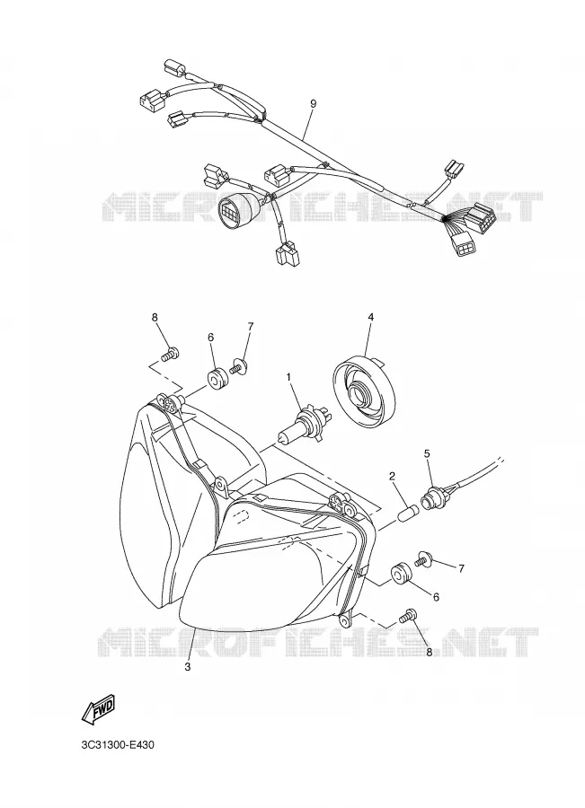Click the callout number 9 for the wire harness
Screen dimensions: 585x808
[313, 103]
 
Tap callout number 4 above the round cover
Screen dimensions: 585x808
[370, 318]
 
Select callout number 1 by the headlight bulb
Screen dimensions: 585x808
[288, 378]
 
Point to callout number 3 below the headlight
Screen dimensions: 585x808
[188, 667]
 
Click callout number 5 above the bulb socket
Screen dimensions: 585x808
[427, 453]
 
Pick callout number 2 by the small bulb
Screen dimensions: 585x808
[392, 476]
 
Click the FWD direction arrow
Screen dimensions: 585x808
[97, 709]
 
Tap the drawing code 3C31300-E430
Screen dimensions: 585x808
[118, 746]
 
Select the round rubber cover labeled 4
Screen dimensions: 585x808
[366, 391]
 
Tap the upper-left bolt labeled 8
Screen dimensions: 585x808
[170, 355]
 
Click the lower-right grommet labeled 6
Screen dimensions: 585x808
[400, 575]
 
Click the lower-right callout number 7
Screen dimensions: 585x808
[461, 568]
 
